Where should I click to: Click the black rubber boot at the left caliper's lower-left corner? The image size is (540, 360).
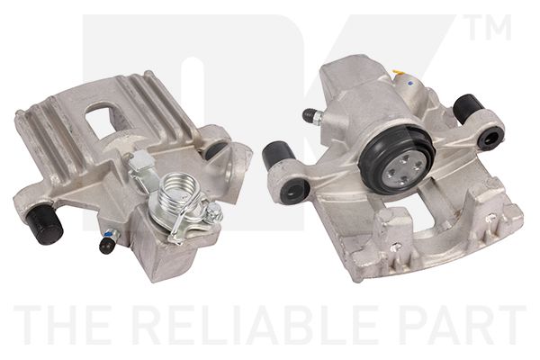(45, 223)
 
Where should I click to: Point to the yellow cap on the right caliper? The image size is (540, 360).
(400, 73)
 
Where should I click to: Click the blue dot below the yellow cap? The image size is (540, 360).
(409, 83)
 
